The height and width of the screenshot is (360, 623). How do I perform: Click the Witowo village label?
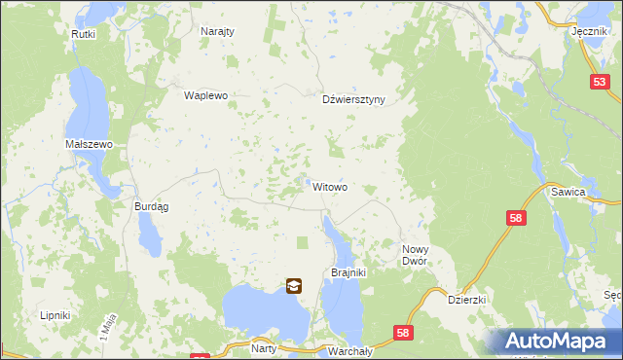tap(330, 186)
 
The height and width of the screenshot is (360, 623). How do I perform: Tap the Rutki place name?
tap(83, 34)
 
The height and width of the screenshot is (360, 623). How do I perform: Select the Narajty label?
tap(217, 31)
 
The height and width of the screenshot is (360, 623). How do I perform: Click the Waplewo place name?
tap(205, 95)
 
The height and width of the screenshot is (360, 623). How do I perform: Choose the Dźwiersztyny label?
tap(354, 99)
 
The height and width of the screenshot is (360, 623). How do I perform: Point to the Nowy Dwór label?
tap(422, 256)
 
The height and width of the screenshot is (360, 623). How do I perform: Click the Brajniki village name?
tap(348, 272)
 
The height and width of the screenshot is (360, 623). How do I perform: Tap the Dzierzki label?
tap(466, 300)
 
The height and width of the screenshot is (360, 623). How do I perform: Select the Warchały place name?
tap(348, 349)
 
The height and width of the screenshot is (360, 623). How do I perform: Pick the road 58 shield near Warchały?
tap(404, 334)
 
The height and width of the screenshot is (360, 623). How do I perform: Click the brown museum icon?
tap(294, 286)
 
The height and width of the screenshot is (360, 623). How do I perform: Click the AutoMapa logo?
tap(554, 341)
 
